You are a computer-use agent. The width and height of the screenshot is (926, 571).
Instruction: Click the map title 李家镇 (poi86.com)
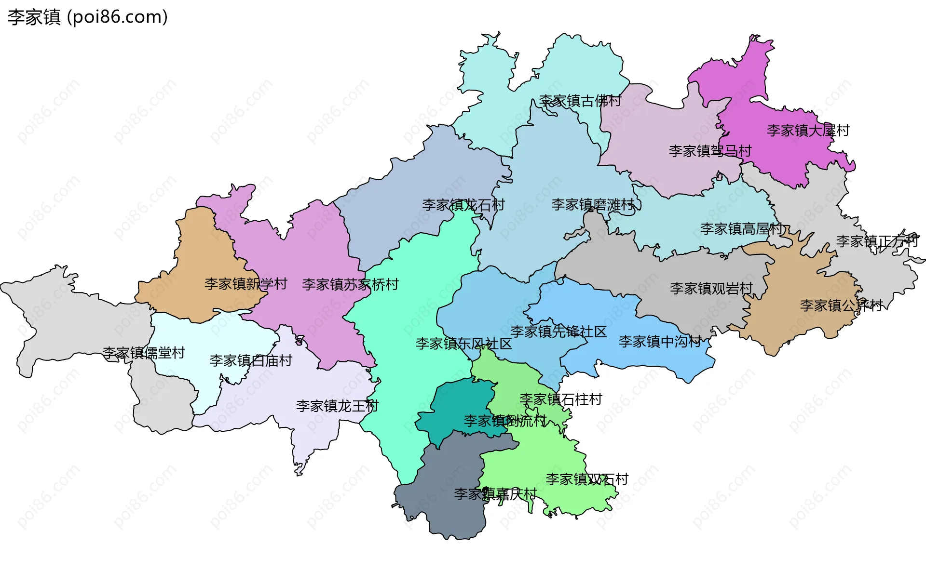[87, 17]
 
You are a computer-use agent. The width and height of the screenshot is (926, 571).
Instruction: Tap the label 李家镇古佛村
[580, 101]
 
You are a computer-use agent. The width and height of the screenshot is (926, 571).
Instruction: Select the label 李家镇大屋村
[808, 131]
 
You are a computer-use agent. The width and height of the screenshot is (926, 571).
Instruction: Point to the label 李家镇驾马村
[710, 151]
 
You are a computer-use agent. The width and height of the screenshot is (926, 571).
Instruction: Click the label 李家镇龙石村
[463, 205]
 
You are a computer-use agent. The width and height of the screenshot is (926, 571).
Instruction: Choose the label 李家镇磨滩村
[593, 205]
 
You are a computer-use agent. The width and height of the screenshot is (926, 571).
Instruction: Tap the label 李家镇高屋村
[741, 229]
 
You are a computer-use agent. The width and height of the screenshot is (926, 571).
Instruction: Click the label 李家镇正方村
[877, 241]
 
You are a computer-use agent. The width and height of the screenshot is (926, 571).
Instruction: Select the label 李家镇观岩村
[711, 289]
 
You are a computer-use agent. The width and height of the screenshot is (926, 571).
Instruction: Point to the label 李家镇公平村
[841, 305]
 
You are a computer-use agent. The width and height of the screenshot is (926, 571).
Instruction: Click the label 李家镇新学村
[245, 284]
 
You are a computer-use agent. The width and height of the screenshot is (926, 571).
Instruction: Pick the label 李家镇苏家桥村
[350, 285]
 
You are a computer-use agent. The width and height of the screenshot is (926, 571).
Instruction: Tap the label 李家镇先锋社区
[558, 332]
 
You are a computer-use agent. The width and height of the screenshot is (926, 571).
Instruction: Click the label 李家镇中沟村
[660, 342]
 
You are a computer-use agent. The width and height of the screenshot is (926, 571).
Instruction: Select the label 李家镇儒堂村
[144, 353]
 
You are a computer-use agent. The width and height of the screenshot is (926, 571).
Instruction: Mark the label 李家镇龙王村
[337, 406]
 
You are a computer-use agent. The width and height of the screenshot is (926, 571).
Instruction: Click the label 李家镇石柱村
[560, 399]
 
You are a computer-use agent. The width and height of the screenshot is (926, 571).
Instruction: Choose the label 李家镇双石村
[587, 479]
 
